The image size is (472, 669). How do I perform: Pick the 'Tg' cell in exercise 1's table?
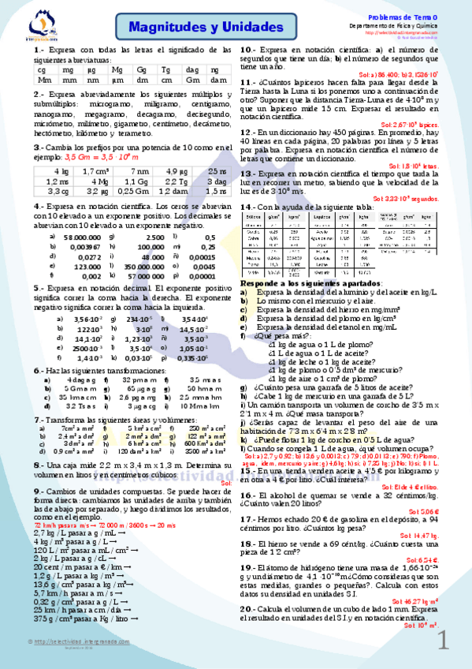tap(166, 70)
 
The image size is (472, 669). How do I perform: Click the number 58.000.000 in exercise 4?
tap(82, 237)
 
